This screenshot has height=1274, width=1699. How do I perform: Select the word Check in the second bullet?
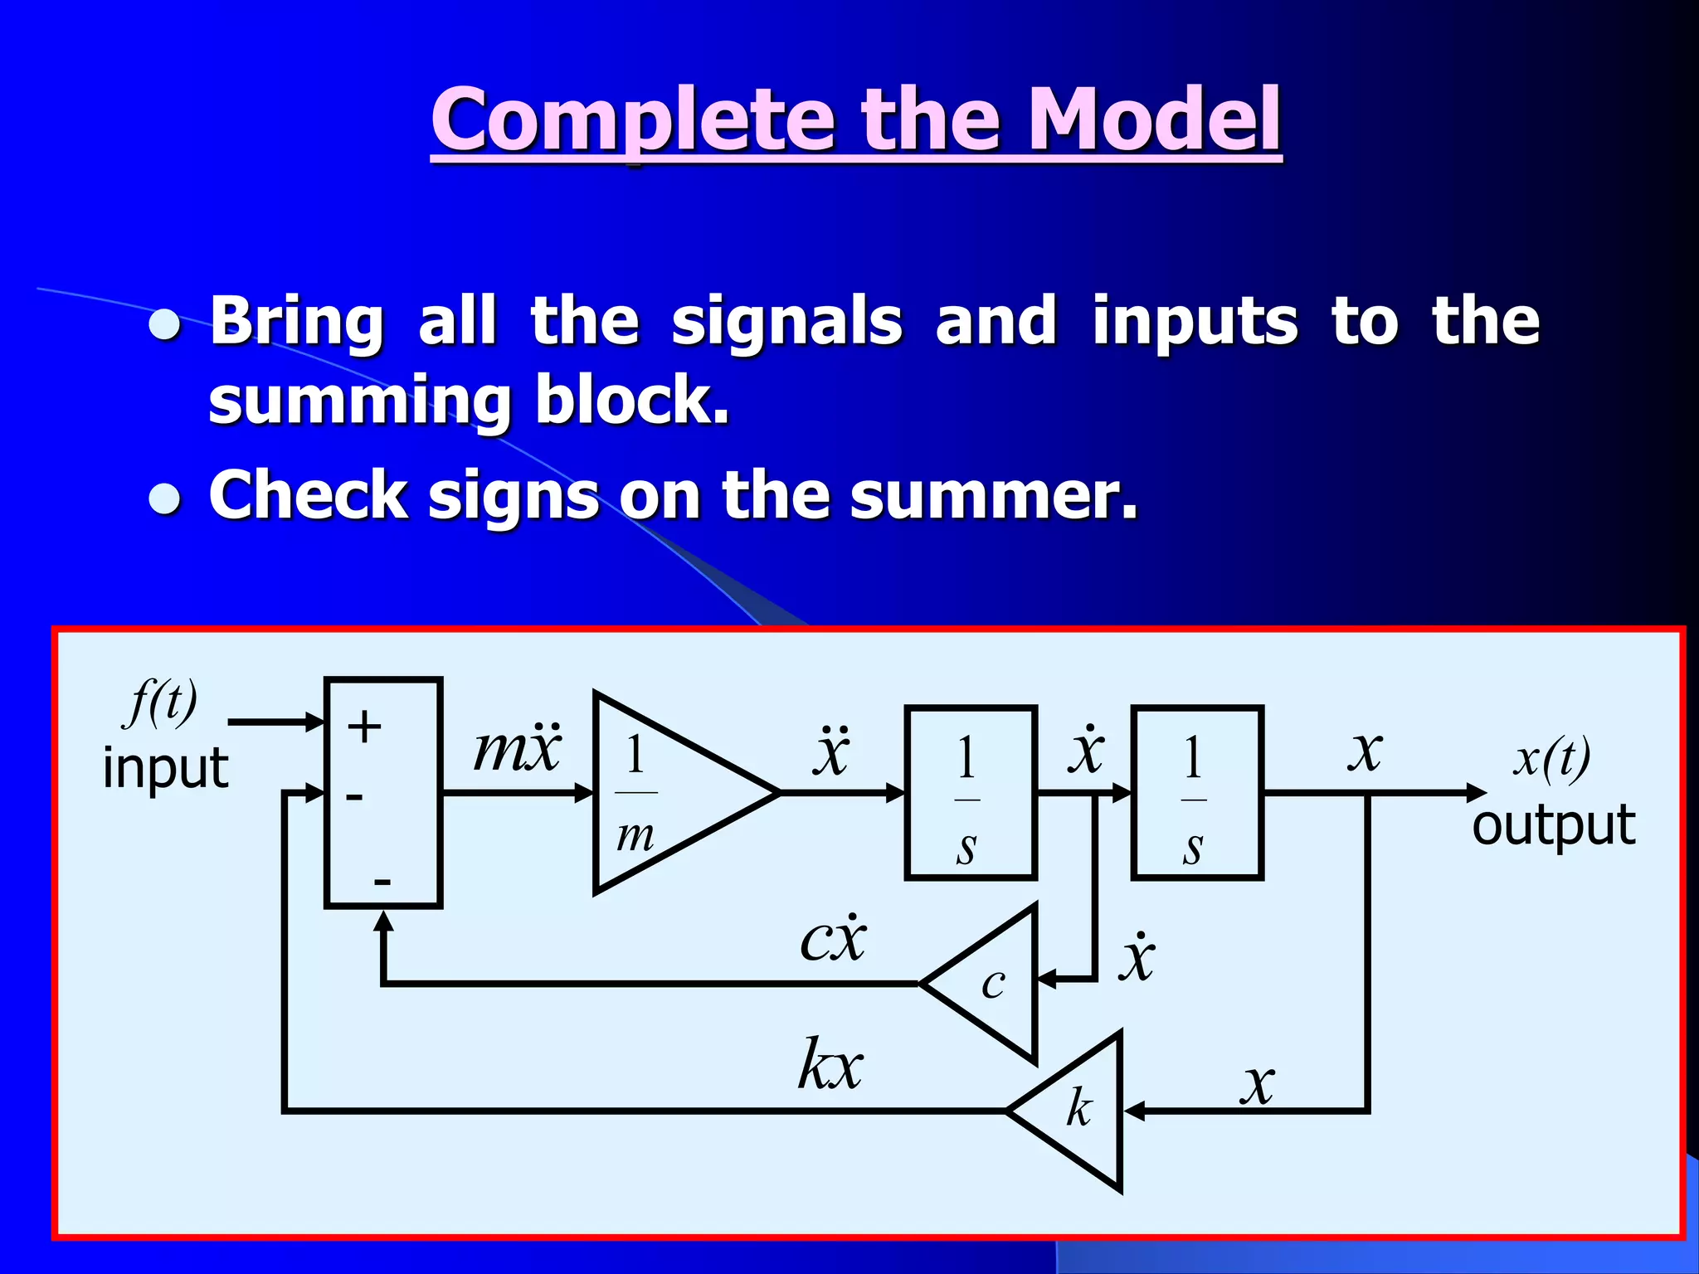pyautogui.click(x=308, y=495)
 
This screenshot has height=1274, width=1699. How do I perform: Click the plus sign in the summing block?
pyautogui.click(x=364, y=727)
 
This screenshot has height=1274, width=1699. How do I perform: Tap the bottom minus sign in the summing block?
pyautogui.click(x=382, y=881)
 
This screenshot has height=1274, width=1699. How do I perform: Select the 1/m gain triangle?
pyautogui.click(x=664, y=793)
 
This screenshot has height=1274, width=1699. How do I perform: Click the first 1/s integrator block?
pyautogui.click(x=970, y=793)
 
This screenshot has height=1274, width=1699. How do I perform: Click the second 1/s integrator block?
pyautogui.click(x=1196, y=793)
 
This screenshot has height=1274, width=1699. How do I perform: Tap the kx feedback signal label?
pyautogui.click(x=830, y=1064)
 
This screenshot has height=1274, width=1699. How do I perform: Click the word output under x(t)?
pyautogui.click(x=1553, y=825)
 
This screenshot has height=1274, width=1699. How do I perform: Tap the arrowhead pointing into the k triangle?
pyautogui.click(x=1133, y=1111)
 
